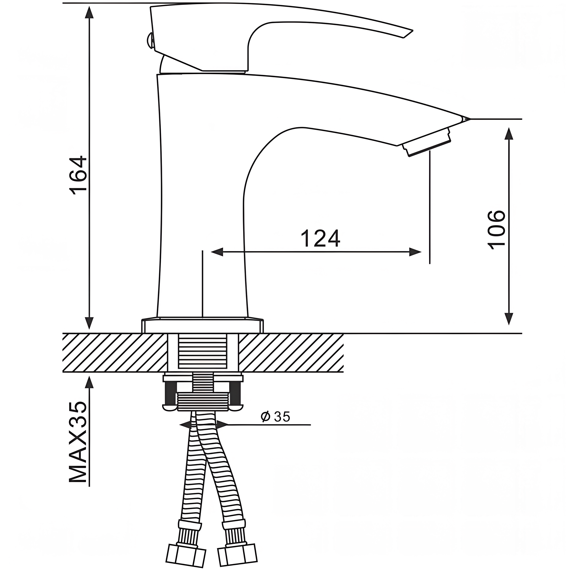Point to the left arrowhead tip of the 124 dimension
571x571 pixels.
211,252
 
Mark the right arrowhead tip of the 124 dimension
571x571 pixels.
421,252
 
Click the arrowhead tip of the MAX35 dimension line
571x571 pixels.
89,376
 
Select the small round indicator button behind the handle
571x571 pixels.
149,41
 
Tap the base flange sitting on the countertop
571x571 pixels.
203,326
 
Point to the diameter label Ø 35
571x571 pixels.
275,417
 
